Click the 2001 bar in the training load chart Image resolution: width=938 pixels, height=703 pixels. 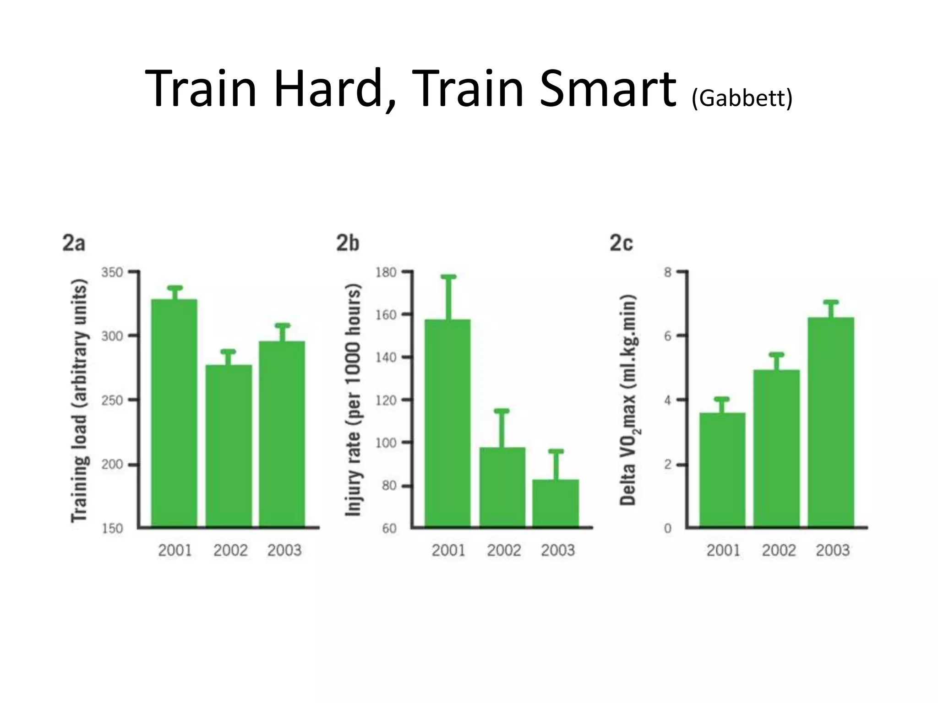point(174,412)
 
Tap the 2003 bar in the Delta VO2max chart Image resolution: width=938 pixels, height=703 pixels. point(830,421)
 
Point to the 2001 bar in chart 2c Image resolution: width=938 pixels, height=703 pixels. point(722,469)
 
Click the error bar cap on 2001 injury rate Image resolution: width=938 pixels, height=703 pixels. point(448,277)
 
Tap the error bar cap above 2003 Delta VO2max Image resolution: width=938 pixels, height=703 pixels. point(830,302)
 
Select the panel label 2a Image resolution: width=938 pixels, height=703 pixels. point(74,243)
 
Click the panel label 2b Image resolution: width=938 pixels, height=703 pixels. point(348,243)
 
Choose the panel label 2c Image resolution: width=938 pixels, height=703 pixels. point(621,243)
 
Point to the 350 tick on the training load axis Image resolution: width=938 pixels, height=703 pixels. point(112,272)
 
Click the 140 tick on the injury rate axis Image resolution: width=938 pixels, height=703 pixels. point(386,357)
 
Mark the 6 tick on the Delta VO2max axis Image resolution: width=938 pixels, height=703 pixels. point(668,336)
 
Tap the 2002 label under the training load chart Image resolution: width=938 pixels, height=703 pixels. point(230,550)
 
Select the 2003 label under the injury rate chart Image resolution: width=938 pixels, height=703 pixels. point(558,550)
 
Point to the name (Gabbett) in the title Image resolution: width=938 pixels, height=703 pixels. point(742,97)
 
